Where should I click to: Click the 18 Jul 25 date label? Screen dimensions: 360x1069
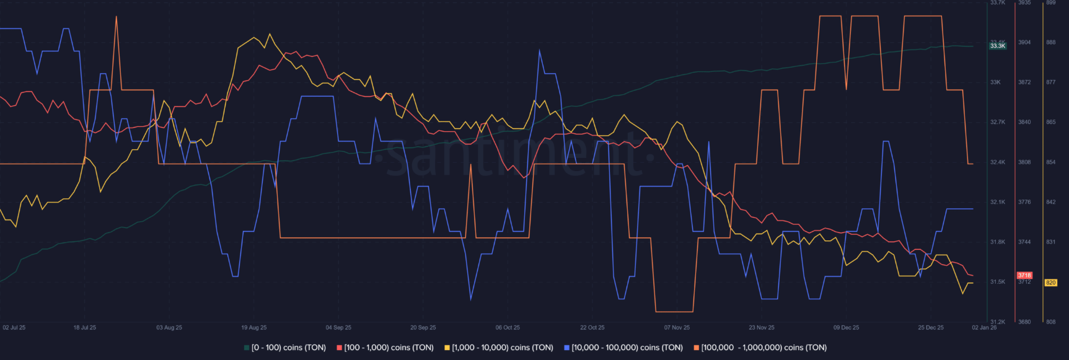(x=85, y=327)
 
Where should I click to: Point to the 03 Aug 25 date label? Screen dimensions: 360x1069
(x=169, y=327)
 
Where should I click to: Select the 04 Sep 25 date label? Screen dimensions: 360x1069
(x=338, y=327)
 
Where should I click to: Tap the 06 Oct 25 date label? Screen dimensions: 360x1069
(x=508, y=327)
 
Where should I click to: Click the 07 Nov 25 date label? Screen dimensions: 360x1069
(x=677, y=327)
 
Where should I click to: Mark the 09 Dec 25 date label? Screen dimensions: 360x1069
(x=846, y=327)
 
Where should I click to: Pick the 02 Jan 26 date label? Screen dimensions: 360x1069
(x=984, y=327)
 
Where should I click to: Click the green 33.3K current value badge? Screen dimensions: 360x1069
(x=998, y=46)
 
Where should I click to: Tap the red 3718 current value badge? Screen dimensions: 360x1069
(x=1024, y=275)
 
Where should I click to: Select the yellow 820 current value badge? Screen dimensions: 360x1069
(x=1051, y=283)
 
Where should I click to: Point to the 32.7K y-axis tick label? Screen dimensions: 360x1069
(x=998, y=122)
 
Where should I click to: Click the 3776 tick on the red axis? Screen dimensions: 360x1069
(x=1024, y=202)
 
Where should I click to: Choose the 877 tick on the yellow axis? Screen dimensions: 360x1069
(x=1051, y=82)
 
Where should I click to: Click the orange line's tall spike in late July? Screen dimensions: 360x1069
(x=116, y=17)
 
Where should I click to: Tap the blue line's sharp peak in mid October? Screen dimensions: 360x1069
(x=540, y=51)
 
